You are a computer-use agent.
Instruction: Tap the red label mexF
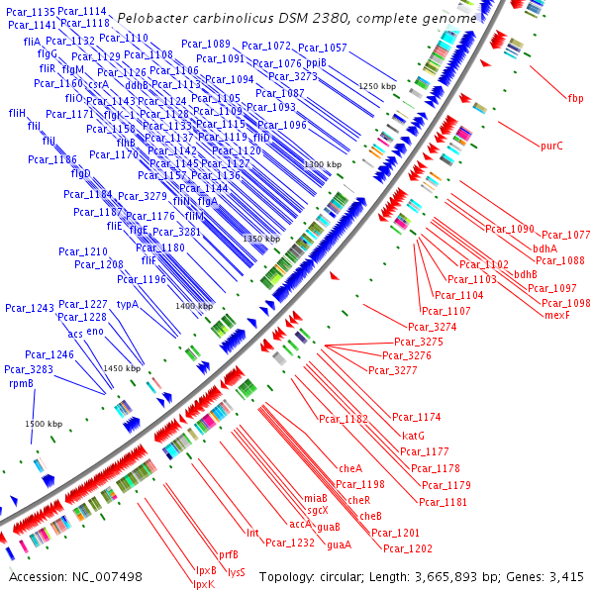[557, 315]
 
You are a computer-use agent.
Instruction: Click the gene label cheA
[350, 467]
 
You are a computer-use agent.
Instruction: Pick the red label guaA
[339, 544]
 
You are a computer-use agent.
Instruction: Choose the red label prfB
[228, 554]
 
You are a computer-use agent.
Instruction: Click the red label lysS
[237, 571]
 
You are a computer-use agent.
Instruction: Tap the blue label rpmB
[22, 382]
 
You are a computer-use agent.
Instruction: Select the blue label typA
[127, 304]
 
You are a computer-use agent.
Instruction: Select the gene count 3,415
[564, 576]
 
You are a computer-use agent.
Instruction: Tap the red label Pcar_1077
[566, 236]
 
